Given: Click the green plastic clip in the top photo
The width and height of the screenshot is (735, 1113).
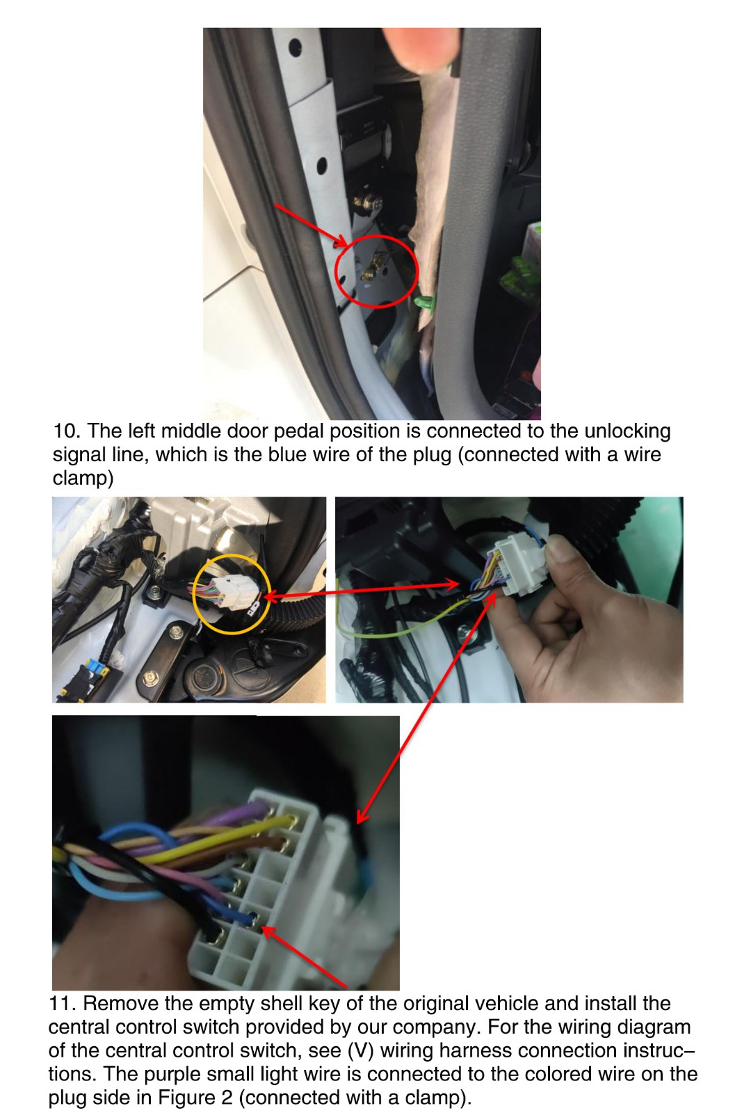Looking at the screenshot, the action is tap(423, 301).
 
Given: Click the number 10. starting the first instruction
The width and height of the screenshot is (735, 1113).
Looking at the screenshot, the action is tap(67, 431).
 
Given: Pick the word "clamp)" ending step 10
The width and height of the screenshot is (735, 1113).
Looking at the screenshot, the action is tap(83, 478).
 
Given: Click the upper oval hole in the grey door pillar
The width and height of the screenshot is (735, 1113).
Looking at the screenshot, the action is tap(295, 48).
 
